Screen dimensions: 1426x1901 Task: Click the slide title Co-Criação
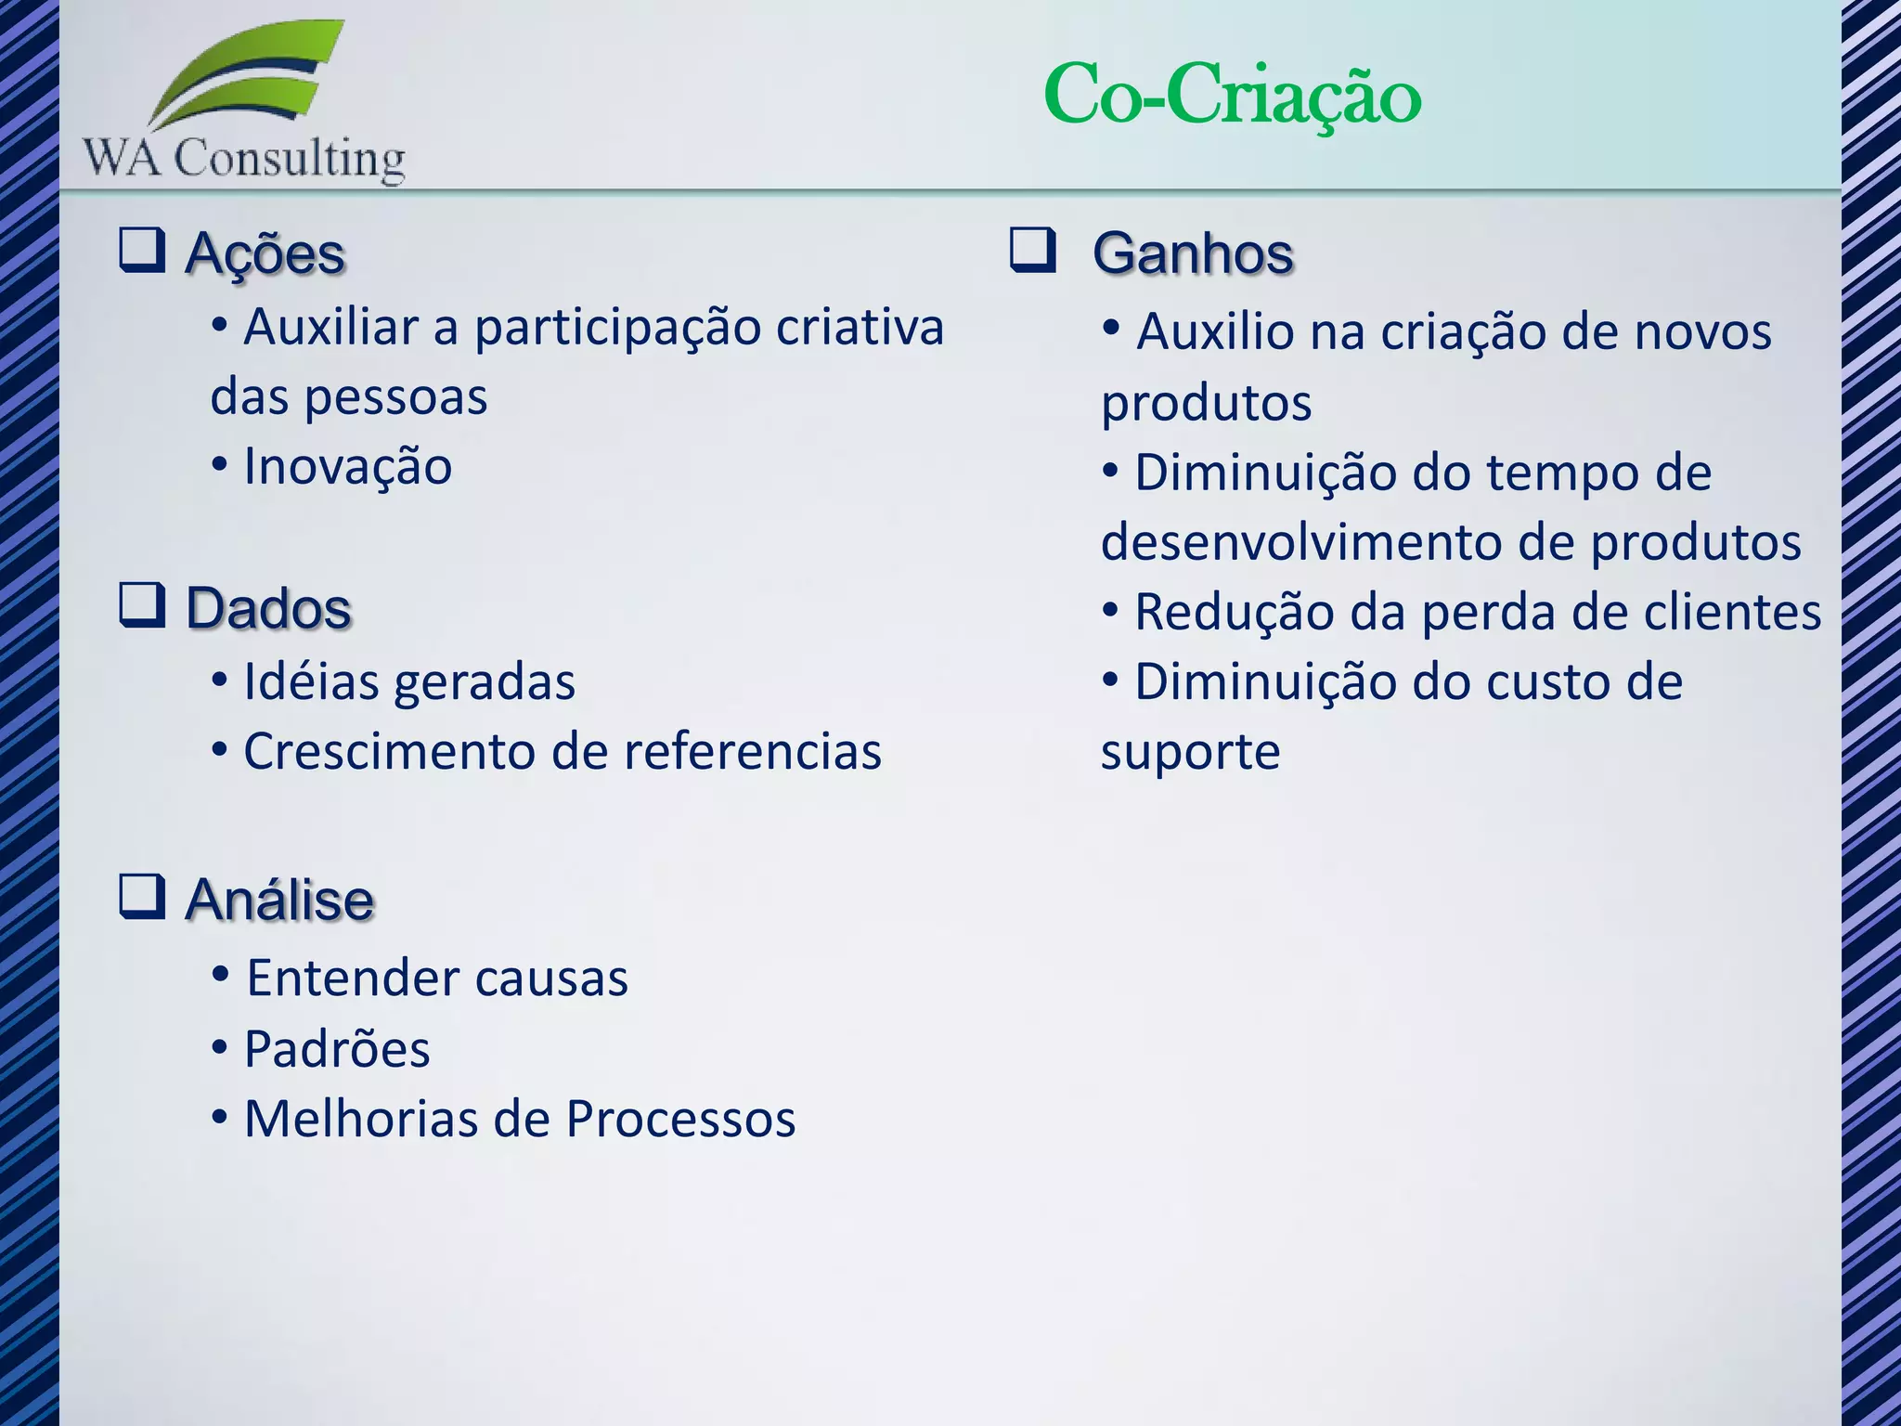(1232, 95)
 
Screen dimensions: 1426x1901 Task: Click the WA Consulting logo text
(244, 158)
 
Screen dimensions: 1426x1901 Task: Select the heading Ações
(265, 253)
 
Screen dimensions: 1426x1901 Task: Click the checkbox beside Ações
(142, 250)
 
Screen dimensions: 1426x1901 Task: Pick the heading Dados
(268, 609)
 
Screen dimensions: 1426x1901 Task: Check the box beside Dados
(142, 604)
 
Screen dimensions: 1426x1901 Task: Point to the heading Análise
(279, 900)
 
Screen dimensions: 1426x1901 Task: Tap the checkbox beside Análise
(142, 896)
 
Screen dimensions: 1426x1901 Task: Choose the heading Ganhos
(1193, 253)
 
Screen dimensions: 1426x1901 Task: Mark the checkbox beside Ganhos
(1033, 250)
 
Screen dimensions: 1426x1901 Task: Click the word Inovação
(348, 466)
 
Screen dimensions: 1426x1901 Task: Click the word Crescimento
(390, 751)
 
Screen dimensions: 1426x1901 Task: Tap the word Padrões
(337, 1049)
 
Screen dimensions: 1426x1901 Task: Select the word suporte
(1190, 753)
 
